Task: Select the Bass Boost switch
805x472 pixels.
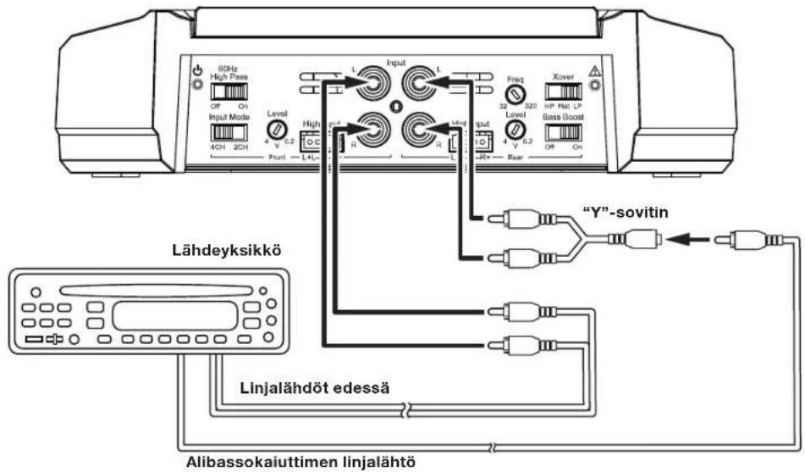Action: pyautogui.click(x=567, y=132)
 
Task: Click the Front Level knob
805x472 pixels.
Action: pyautogui.click(x=277, y=129)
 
